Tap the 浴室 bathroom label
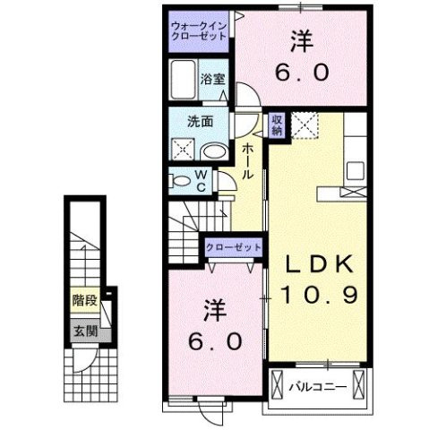212,78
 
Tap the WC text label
201,181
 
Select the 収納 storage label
278,124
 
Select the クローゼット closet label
234,247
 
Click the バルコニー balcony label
311,386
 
